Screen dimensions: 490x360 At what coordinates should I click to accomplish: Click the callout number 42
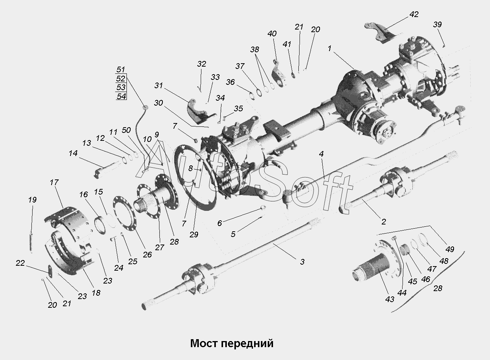pos(414,14)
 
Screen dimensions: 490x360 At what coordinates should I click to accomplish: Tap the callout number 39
pos(437,25)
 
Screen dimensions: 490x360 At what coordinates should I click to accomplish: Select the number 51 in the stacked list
pos(121,70)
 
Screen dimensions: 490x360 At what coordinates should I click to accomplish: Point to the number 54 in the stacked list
pos(121,96)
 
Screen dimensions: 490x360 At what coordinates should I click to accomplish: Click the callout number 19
pos(32,199)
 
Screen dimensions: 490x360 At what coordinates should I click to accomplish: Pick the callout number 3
pos(302,262)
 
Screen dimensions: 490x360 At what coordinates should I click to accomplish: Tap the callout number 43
pos(390,299)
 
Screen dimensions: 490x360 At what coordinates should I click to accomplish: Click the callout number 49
pos(450,249)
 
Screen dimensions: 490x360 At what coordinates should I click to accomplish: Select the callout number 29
pos(194,235)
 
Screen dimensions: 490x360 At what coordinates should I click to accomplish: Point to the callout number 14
pos(73,153)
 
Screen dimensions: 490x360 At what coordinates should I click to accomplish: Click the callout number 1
pos(330,48)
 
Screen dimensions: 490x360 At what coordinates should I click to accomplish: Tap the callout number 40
pos(272,34)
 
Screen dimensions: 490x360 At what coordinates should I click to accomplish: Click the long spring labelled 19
pos(31,243)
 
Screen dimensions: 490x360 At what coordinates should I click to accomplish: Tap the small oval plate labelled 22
pos(50,271)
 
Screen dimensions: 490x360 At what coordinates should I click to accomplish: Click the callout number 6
pos(220,223)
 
